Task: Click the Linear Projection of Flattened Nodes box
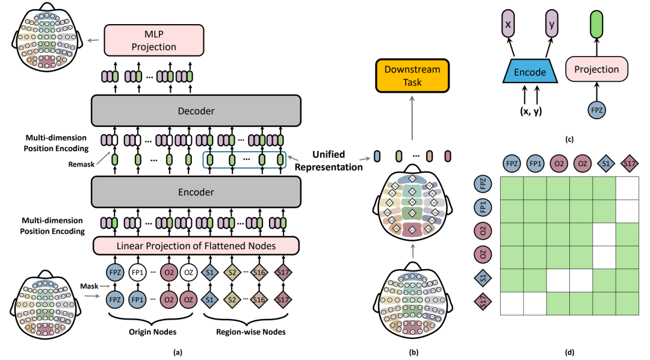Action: coord(196,245)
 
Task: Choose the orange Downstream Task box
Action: coord(412,76)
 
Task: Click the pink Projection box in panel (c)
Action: coord(596,69)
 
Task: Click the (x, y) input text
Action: coord(531,113)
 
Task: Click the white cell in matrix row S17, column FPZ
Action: coord(512,304)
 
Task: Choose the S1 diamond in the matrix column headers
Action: coord(604,162)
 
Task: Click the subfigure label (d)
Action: coord(569,350)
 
